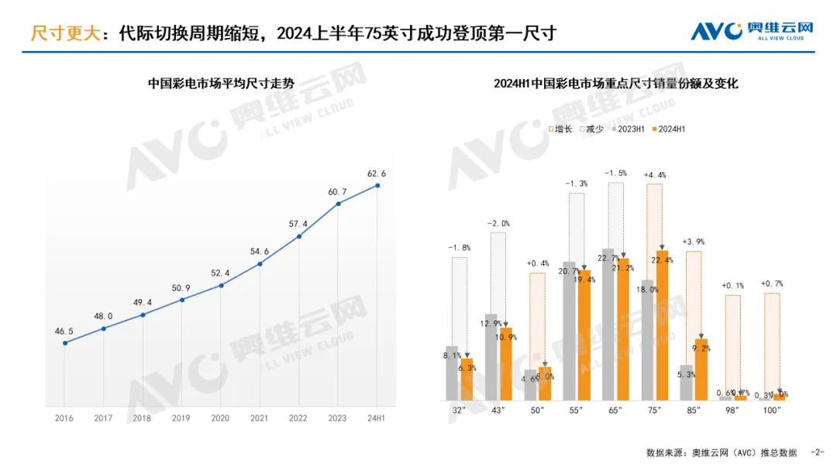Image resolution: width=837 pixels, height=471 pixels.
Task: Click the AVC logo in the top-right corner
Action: (x=752, y=31)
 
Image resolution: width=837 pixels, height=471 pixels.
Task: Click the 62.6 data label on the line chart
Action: (x=377, y=173)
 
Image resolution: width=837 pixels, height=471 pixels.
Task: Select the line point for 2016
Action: (x=64, y=342)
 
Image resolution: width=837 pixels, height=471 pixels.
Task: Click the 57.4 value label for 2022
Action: (x=299, y=224)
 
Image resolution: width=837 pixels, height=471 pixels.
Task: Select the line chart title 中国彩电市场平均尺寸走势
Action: (x=221, y=84)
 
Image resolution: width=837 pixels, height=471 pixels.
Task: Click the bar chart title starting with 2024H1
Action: (x=615, y=84)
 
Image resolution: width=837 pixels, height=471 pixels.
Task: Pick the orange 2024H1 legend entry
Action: (x=668, y=129)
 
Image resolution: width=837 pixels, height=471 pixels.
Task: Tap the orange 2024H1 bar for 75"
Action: (x=662, y=325)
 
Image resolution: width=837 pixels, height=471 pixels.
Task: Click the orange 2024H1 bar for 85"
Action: (x=701, y=369)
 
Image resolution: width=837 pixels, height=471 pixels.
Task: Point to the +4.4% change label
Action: (x=655, y=175)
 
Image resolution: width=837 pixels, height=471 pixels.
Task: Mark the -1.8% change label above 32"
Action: (x=459, y=248)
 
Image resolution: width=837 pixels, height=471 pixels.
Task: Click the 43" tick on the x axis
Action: (x=498, y=410)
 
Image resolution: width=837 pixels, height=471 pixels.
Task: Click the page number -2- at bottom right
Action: (x=817, y=452)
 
